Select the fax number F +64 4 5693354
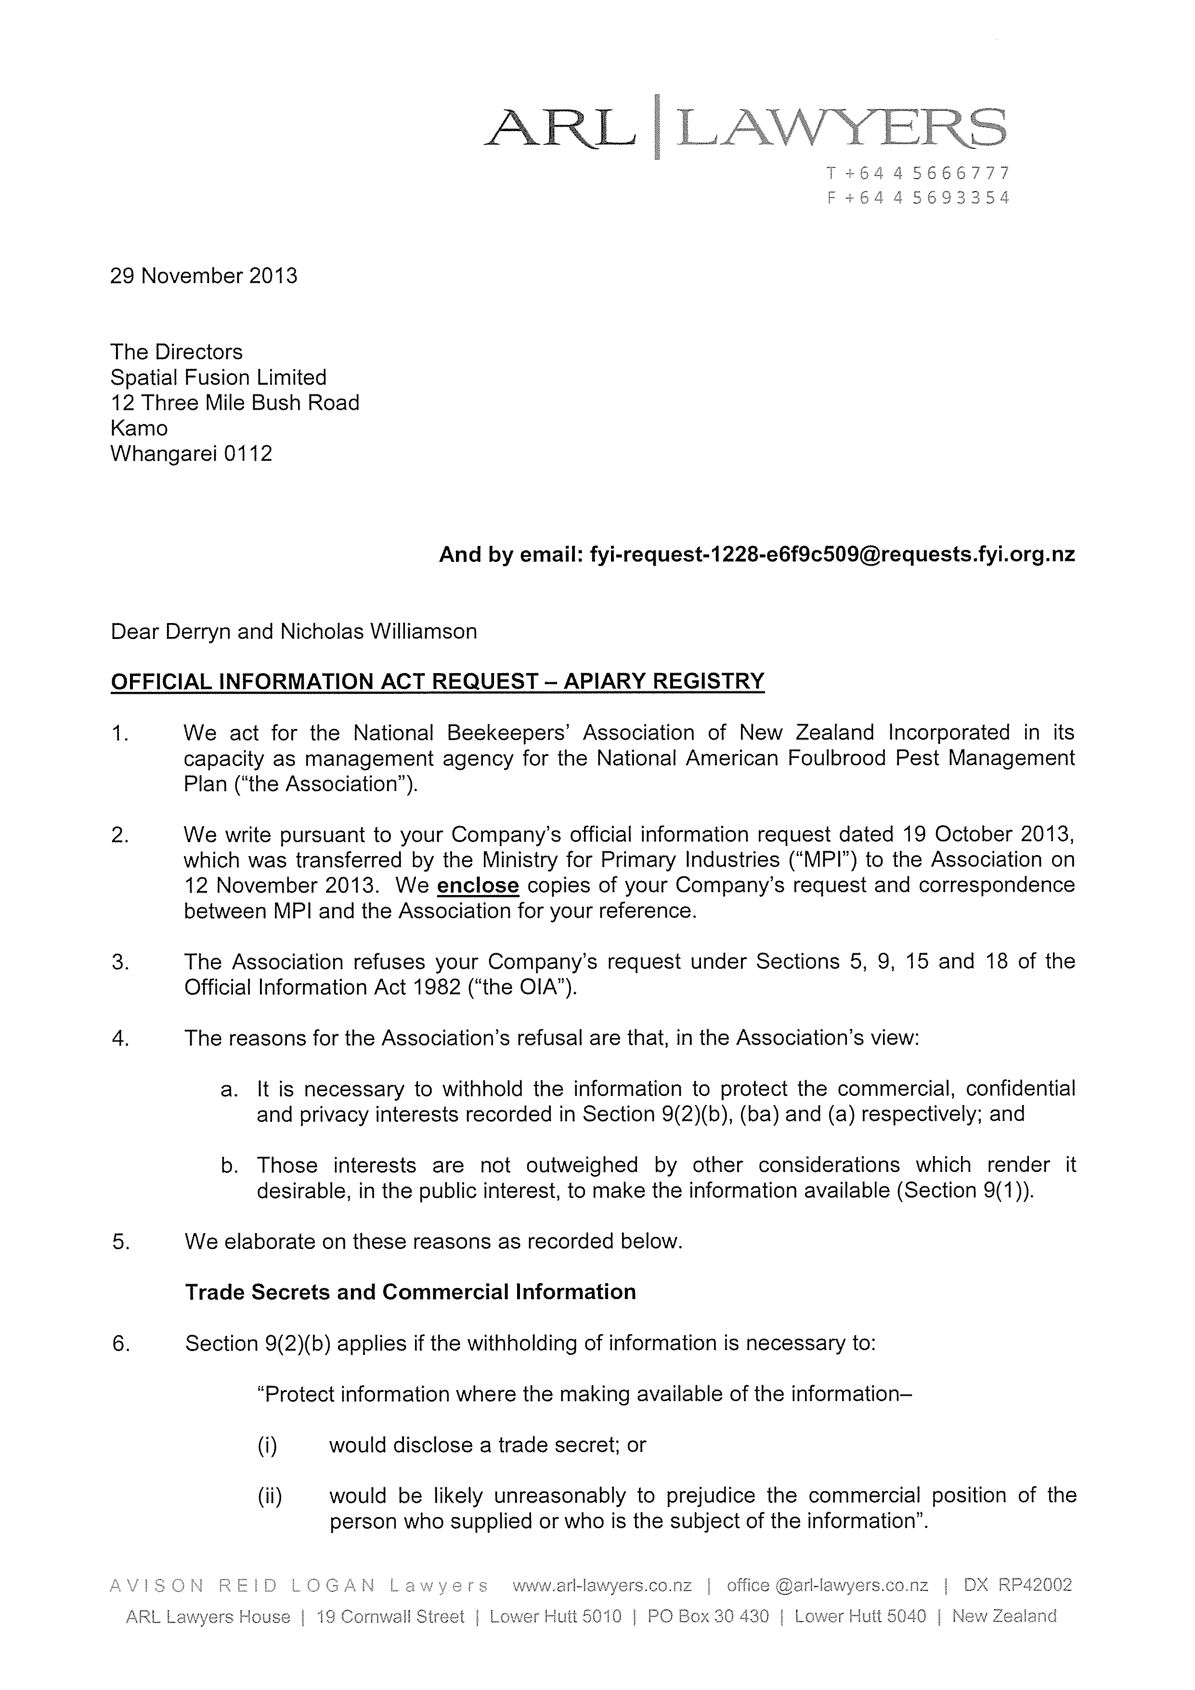coord(918,198)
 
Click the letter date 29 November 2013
coord(204,276)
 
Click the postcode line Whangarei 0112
coord(191,454)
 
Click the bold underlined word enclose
coord(478,885)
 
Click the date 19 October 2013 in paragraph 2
coord(984,835)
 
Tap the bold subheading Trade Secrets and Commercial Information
coord(410,1292)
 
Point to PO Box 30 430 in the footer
coord(708,1616)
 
